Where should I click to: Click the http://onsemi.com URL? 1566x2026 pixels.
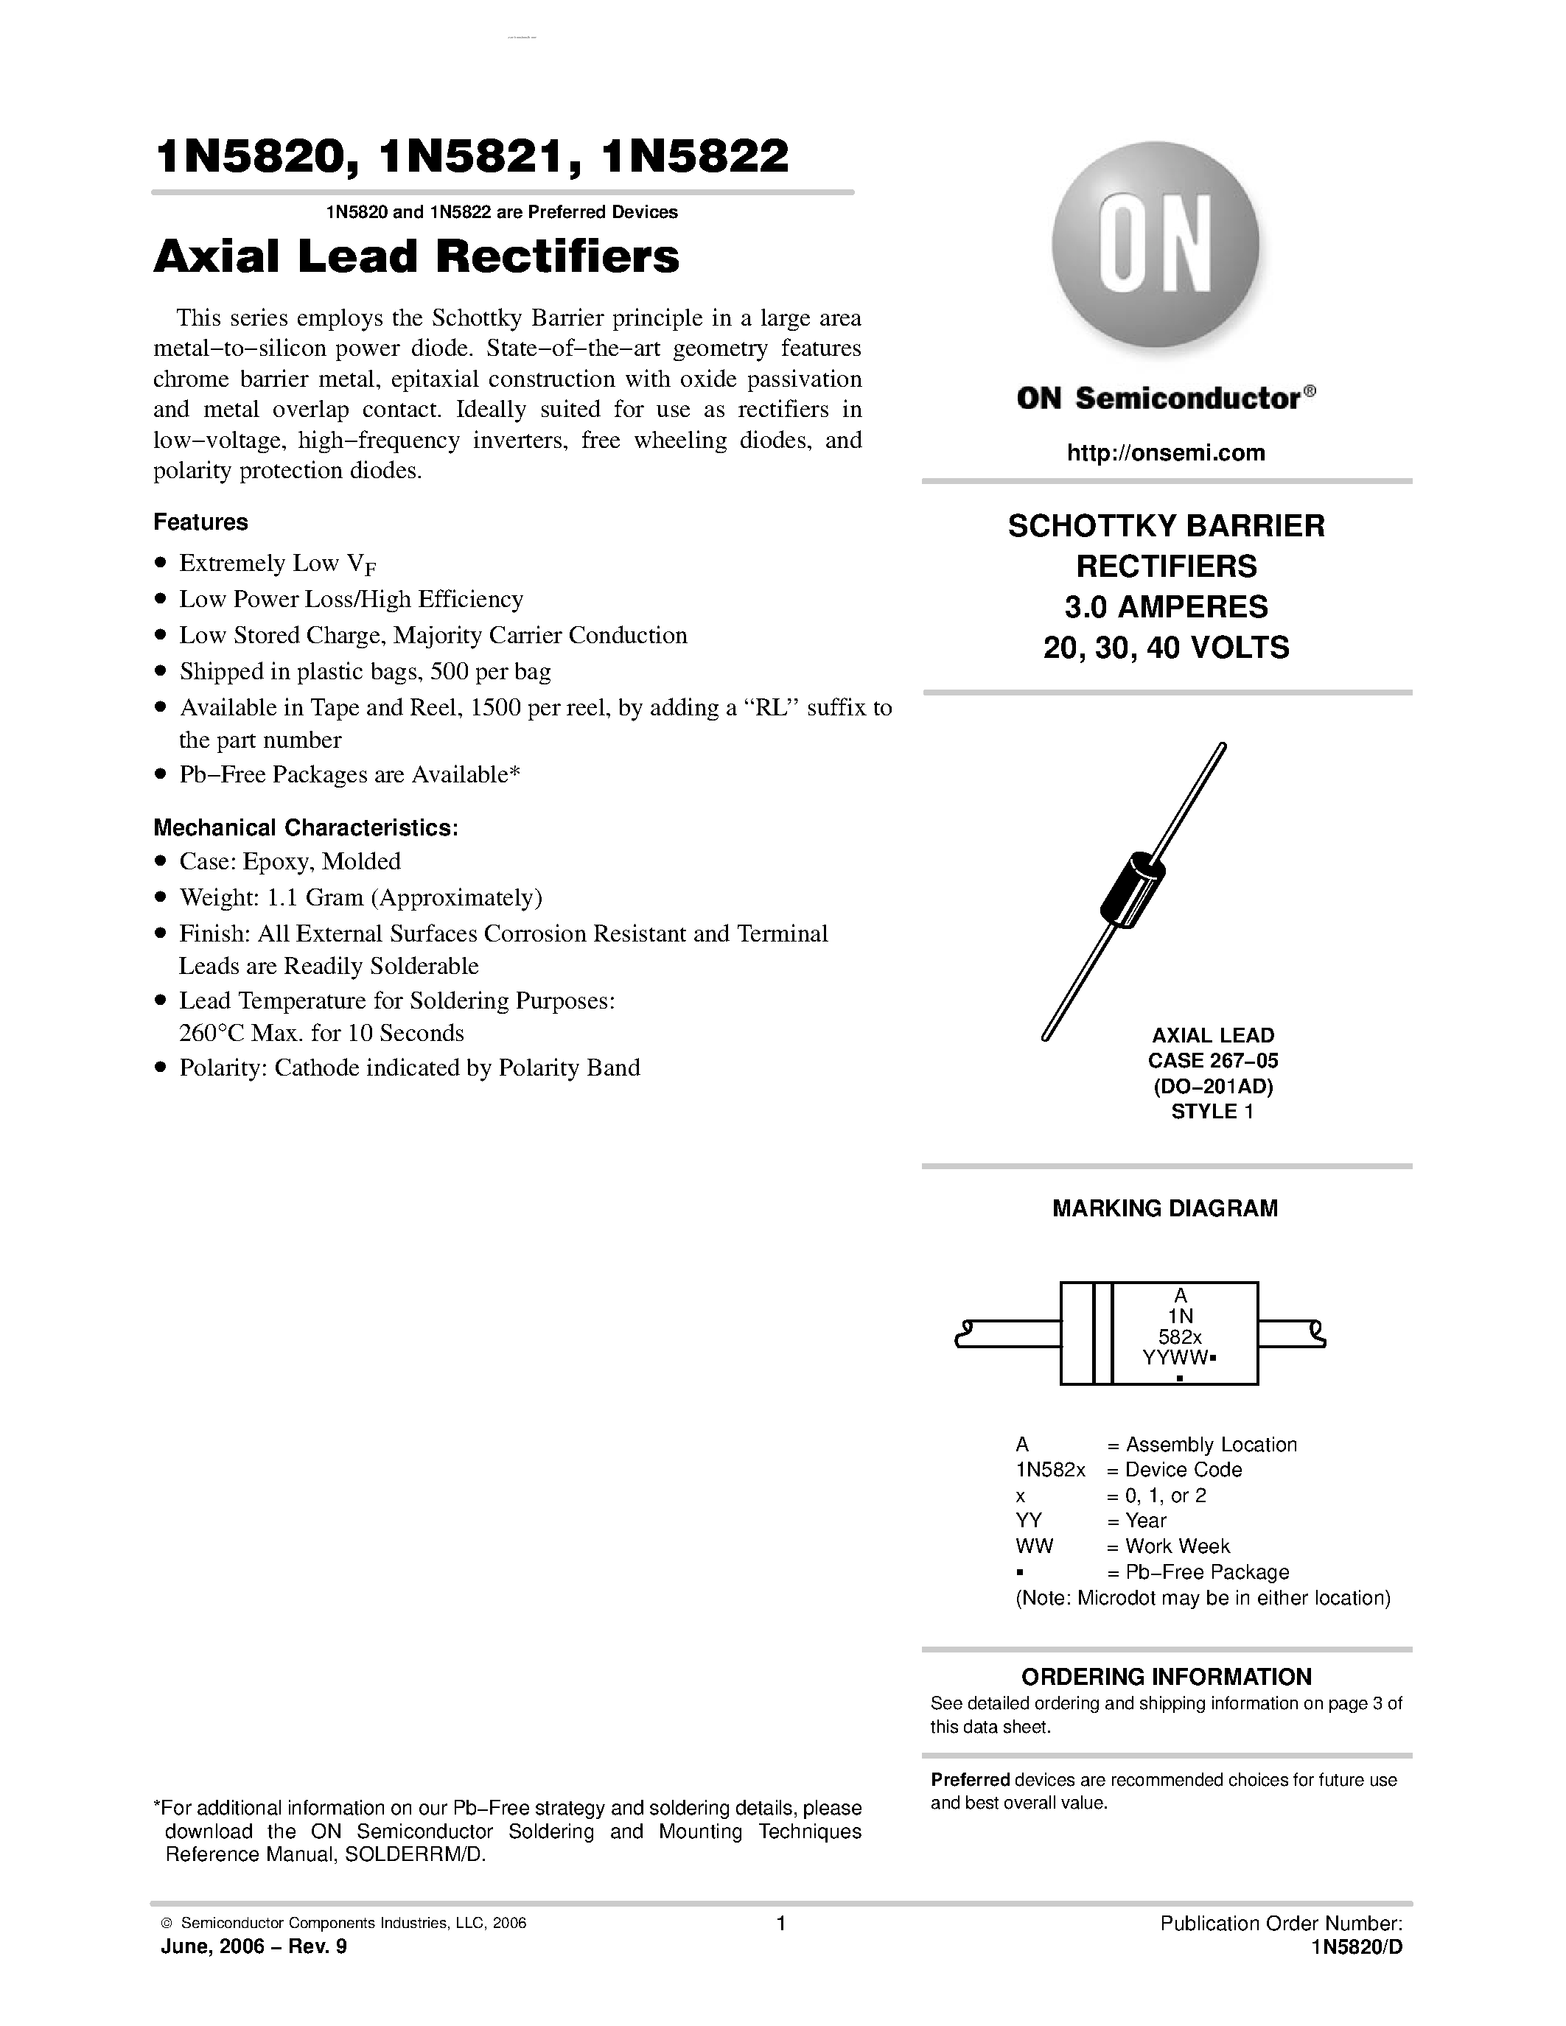(1166, 452)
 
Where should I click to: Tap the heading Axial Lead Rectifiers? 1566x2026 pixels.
(416, 257)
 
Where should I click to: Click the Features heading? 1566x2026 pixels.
(200, 522)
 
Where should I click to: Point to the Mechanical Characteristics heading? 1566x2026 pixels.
(305, 827)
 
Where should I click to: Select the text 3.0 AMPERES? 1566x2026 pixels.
(1166, 606)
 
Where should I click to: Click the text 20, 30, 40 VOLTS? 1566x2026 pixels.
(1166, 648)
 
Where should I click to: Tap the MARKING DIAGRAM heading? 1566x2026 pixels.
(1164, 1207)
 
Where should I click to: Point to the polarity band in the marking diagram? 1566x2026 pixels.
(1102, 1333)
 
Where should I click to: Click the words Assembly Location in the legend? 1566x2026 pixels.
(1211, 1445)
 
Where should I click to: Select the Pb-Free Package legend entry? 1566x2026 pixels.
(1206, 1571)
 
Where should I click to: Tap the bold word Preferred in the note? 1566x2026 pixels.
(970, 1779)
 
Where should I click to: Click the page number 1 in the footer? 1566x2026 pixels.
(781, 1923)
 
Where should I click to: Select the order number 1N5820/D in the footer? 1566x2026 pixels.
(1356, 1946)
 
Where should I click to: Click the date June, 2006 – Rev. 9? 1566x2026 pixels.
(254, 1946)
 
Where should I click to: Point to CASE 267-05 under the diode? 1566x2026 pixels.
(1212, 1060)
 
